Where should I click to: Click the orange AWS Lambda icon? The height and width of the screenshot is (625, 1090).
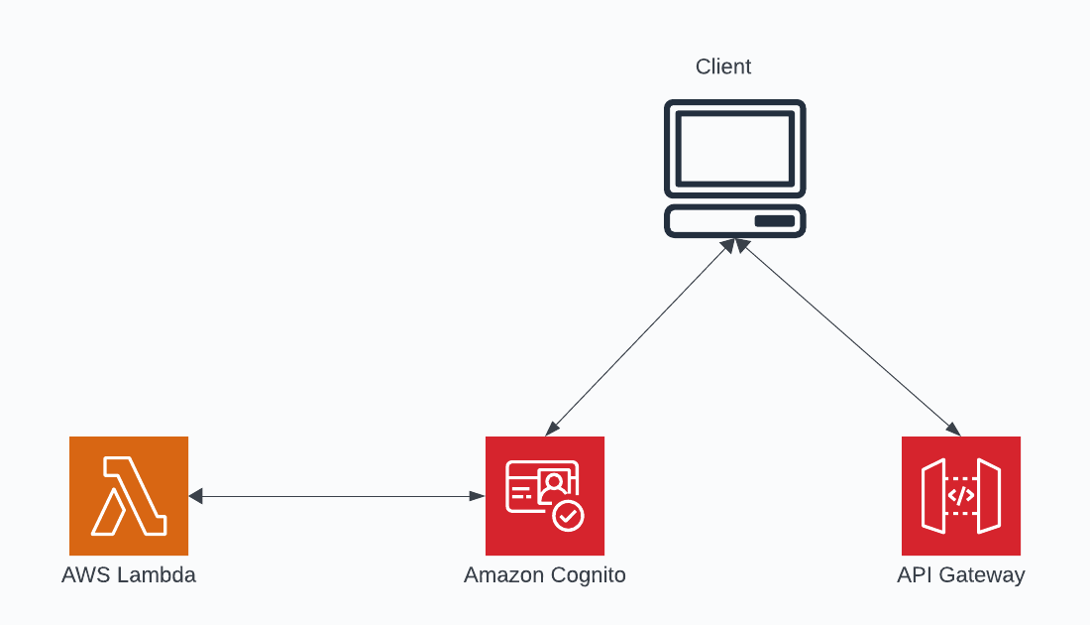pos(129,495)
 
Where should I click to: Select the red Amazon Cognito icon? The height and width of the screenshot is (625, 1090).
pos(544,495)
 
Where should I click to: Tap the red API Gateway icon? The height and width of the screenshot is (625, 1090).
pos(960,495)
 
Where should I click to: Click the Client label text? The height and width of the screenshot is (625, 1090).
pos(723,66)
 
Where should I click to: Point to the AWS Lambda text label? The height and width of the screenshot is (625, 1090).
pos(129,575)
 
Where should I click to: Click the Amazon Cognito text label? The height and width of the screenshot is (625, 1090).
pos(544,575)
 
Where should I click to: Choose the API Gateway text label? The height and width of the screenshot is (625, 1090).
pos(960,575)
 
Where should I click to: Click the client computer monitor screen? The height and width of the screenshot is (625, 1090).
pos(734,148)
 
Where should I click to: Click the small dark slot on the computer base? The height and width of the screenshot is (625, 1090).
pos(775,220)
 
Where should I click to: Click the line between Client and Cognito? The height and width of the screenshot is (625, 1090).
pos(639,337)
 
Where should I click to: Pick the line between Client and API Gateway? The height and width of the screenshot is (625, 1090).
pos(847,337)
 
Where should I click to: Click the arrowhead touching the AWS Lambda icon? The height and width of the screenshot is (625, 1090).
pos(195,496)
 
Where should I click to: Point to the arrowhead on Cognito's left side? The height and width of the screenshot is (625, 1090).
pos(478,496)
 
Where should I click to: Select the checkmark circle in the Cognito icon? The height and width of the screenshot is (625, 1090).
pos(568,516)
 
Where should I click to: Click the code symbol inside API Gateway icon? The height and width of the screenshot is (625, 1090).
pos(960,495)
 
